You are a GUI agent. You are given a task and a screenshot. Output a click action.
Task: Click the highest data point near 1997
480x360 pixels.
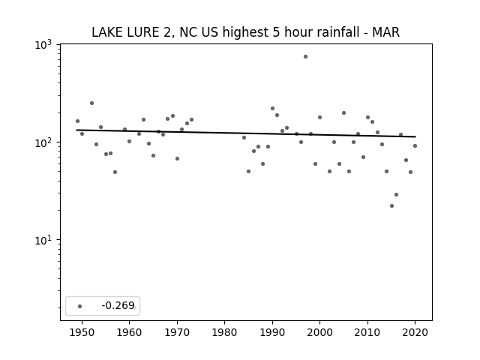305,57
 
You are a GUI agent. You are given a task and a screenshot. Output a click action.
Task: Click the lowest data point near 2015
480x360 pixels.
391,206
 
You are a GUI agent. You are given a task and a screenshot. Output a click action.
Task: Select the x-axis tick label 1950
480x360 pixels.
82,333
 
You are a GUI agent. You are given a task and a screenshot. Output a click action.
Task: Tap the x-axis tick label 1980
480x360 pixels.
224,333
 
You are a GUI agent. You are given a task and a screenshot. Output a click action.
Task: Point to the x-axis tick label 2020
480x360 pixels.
415,333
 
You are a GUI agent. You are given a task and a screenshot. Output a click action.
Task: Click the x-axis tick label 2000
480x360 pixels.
320,333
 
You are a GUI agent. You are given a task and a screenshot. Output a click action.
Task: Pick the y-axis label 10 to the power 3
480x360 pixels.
43,45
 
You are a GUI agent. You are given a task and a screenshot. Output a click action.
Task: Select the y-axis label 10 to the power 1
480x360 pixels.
43,241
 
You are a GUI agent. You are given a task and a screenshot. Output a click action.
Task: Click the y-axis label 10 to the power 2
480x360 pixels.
43,142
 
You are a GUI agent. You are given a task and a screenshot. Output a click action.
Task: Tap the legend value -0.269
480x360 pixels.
118,305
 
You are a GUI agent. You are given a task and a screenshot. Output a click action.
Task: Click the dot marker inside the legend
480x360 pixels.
80,306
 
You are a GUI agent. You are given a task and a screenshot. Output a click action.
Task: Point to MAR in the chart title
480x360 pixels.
385,32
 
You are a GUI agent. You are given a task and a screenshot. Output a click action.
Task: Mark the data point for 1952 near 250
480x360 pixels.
91,103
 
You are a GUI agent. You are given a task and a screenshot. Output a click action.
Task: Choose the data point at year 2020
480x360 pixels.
415,146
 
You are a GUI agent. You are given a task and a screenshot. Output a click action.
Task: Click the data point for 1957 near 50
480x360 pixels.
115,172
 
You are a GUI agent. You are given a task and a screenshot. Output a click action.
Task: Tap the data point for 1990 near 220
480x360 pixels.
272,108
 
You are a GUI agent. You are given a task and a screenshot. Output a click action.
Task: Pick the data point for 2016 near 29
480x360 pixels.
397,195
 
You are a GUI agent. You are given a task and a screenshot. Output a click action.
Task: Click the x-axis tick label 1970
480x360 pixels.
177,333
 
